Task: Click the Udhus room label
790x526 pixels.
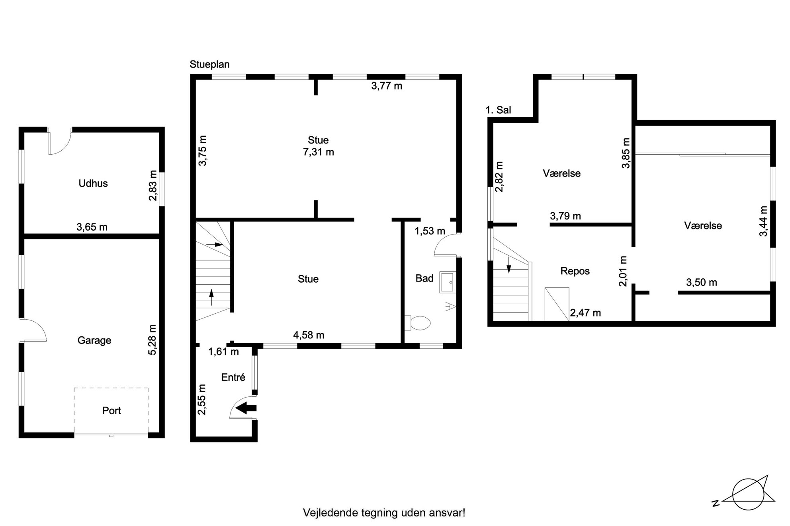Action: (x=93, y=183)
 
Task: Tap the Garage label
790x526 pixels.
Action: (x=94, y=340)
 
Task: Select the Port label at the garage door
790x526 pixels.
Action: (x=111, y=411)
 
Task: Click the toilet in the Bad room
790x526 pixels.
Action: (x=417, y=323)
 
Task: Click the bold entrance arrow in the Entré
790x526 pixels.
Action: (x=246, y=408)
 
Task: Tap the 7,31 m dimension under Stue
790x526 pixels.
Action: (x=319, y=152)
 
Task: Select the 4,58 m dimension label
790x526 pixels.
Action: (x=309, y=335)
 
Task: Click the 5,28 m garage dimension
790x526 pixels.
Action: (x=153, y=340)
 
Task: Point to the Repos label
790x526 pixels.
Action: (x=575, y=271)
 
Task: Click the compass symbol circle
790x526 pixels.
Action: (x=749, y=494)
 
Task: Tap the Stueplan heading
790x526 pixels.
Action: (x=209, y=64)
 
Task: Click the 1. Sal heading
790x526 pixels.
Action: (x=498, y=110)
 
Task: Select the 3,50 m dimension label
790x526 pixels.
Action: (x=702, y=283)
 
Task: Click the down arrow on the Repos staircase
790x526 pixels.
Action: (x=508, y=265)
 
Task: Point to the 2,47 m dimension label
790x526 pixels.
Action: (x=585, y=313)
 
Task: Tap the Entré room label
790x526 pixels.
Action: (x=233, y=377)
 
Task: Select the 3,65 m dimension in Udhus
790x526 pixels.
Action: (x=92, y=227)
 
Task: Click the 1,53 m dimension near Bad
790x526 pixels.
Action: (x=430, y=231)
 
